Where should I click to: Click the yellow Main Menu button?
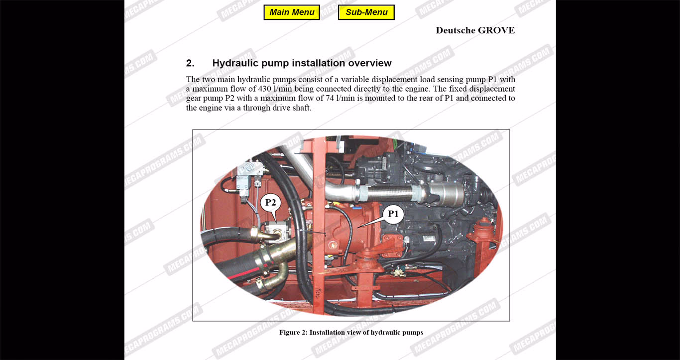pyautogui.click(x=292, y=12)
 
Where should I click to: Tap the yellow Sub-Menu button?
pyautogui.click(x=366, y=12)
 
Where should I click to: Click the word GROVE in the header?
pyautogui.click(x=496, y=30)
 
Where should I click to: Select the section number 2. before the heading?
pyautogui.click(x=190, y=63)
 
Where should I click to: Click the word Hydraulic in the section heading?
pyautogui.click(x=235, y=63)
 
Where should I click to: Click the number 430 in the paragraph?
pyautogui.click(x=264, y=89)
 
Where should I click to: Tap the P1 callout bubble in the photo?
pyautogui.click(x=393, y=214)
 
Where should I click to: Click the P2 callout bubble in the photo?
pyautogui.click(x=270, y=203)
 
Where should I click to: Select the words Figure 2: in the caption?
pyautogui.click(x=293, y=333)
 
